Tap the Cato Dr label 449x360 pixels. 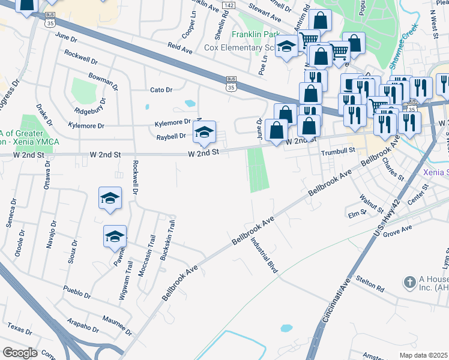(x=161, y=90)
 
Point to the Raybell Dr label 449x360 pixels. (x=171, y=136)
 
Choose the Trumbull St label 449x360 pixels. (x=334, y=153)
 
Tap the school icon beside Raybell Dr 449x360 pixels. (x=204, y=132)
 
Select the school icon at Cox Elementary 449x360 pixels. (x=287, y=46)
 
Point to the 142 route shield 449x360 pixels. (x=228, y=5)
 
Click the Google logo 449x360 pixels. (x=20, y=353)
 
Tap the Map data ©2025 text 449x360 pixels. (x=424, y=355)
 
